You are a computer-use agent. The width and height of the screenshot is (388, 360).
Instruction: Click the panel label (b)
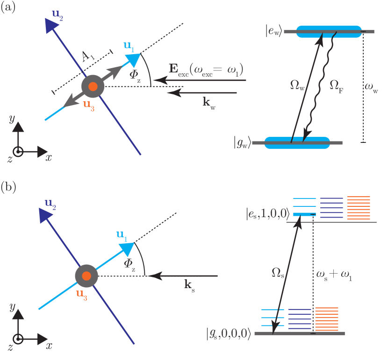[x=8, y=187]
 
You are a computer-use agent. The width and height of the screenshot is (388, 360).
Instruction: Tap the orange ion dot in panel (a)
[x=93, y=86]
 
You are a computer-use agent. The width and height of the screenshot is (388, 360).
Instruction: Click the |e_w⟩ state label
[x=273, y=32]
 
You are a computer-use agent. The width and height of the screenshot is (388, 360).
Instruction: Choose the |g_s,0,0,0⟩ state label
[x=229, y=334]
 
